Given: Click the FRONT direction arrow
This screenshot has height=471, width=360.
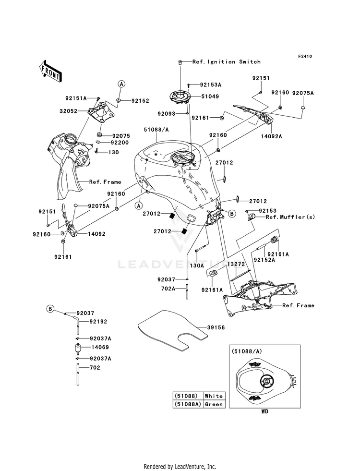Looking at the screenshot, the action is [x=50, y=72].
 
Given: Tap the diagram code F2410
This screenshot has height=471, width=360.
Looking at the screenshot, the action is [x=305, y=56].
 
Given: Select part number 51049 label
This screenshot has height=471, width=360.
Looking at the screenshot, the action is [x=210, y=97].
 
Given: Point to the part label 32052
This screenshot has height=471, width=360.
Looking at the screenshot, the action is [x=68, y=111].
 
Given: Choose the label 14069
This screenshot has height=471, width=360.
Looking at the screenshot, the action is [x=100, y=347].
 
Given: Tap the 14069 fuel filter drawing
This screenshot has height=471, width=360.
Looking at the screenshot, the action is [x=78, y=349].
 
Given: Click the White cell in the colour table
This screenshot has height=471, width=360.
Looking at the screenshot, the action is [x=214, y=396].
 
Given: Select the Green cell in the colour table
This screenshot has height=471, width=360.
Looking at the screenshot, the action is [x=214, y=404].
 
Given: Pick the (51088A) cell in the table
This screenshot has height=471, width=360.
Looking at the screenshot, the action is [x=188, y=404].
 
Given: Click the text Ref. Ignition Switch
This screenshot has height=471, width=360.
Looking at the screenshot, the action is [x=227, y=62].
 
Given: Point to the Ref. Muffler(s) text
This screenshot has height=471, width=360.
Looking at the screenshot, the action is [x=290, y=217].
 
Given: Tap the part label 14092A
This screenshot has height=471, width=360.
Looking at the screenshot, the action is [x=271, y=136].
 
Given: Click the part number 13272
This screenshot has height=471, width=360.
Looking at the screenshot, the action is [x=236, y=265].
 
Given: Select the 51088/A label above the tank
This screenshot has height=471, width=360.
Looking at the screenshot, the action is [x=156, y=130].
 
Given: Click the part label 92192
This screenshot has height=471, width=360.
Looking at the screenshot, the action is [x=98, y=322].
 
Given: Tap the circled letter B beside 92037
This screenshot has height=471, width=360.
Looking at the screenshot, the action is [x=50, y=309].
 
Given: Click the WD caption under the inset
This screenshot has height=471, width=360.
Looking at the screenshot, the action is [x=264, y=411].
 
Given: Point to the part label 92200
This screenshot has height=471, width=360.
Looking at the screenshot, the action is [x=120, y=143].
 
